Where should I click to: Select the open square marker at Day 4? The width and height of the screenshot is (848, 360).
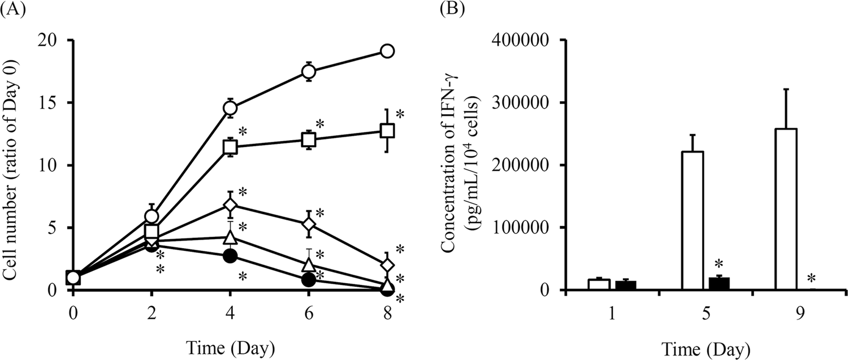pos(230,147)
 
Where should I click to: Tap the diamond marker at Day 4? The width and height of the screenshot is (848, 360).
pos(230,204)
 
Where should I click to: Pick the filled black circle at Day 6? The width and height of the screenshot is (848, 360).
pos(309,280)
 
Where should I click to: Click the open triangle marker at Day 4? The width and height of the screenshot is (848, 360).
pos(230,237)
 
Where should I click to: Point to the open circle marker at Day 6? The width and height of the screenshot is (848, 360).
pos(309,71)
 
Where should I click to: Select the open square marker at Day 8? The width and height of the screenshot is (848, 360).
pos(387,131)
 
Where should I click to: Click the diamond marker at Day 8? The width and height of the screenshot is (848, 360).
pos(387,264)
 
